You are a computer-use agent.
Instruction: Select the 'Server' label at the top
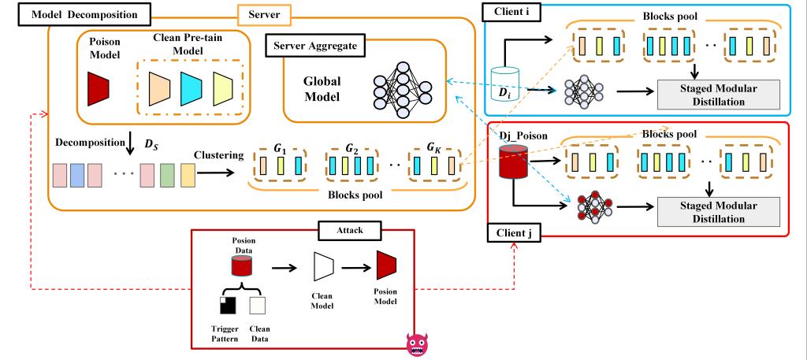(x=263, y=13)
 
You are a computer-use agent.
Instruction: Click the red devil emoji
(x=417, y=346)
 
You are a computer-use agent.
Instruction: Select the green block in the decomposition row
(x=167, y=173)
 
